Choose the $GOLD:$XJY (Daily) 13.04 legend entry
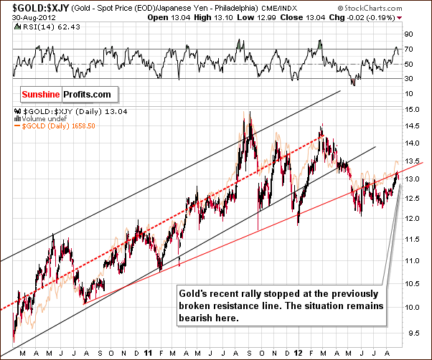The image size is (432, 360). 50,111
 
